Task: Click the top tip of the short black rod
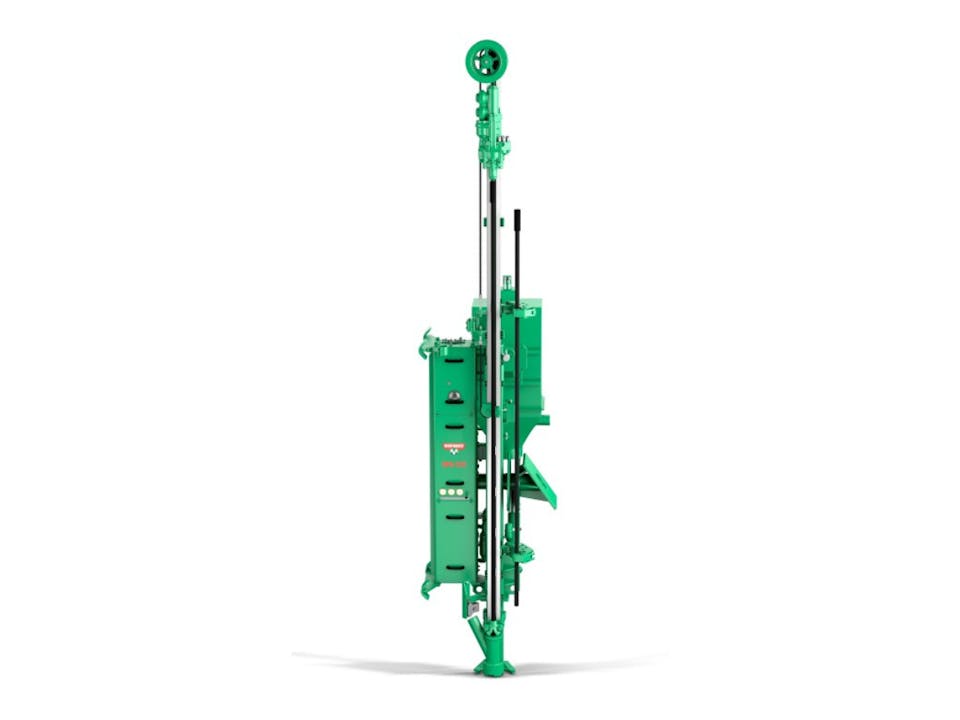pos(517,213)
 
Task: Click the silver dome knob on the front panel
pos(454,396)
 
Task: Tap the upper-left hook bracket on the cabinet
pos(427,343)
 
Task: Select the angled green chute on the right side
pos(540,480)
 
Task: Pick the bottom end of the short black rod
pos(517,603)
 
